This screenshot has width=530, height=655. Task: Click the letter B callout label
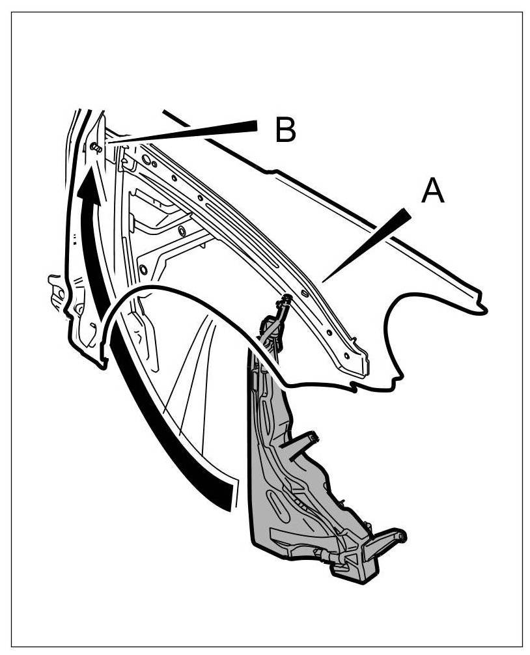[285, 130]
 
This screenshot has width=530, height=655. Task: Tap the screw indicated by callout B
[96, 147]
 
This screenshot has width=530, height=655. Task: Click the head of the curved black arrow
[89, 179]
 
